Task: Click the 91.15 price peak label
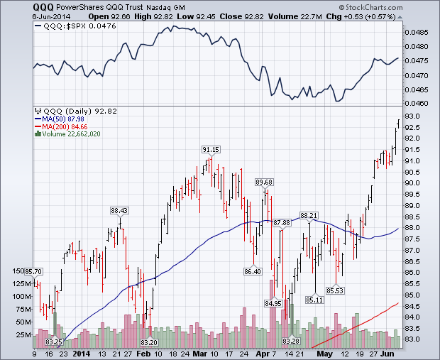pyautogui.click(x=211, y=150)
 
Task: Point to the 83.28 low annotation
pyautogui.click(x=291, y=342)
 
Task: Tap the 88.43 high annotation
pyautogui.click(x=119, y=210)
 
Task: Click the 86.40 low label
pyautogui.click(x=253, y=271)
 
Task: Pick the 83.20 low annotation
pyautogui.click(x=149, y=342)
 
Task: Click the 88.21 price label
pyautogui.click(x=309, y=214)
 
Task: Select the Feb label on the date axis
pyautogui.click(x=143, y=352)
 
